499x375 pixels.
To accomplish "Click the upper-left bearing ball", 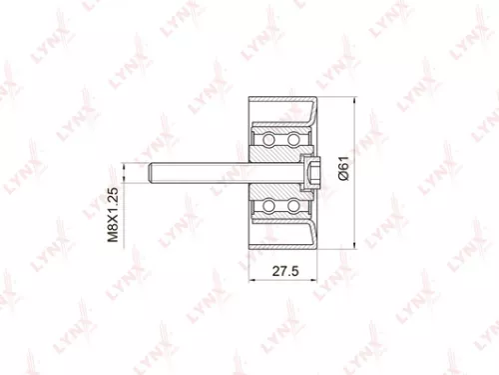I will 268,138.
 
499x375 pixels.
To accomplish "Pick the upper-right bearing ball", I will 295,138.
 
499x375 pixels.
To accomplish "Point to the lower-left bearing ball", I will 268,207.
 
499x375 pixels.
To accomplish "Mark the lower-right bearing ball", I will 295,207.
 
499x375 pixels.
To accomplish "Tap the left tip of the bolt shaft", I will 153,172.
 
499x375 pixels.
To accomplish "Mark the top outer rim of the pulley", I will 284,103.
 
